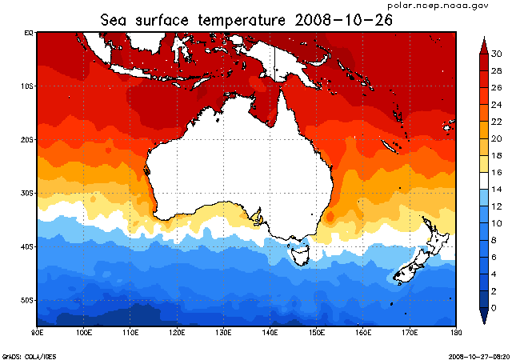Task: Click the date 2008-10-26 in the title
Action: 346,18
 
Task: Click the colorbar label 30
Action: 496,54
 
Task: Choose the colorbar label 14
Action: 496,189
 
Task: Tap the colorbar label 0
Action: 494,308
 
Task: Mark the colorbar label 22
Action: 496,122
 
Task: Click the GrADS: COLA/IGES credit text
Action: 30,355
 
